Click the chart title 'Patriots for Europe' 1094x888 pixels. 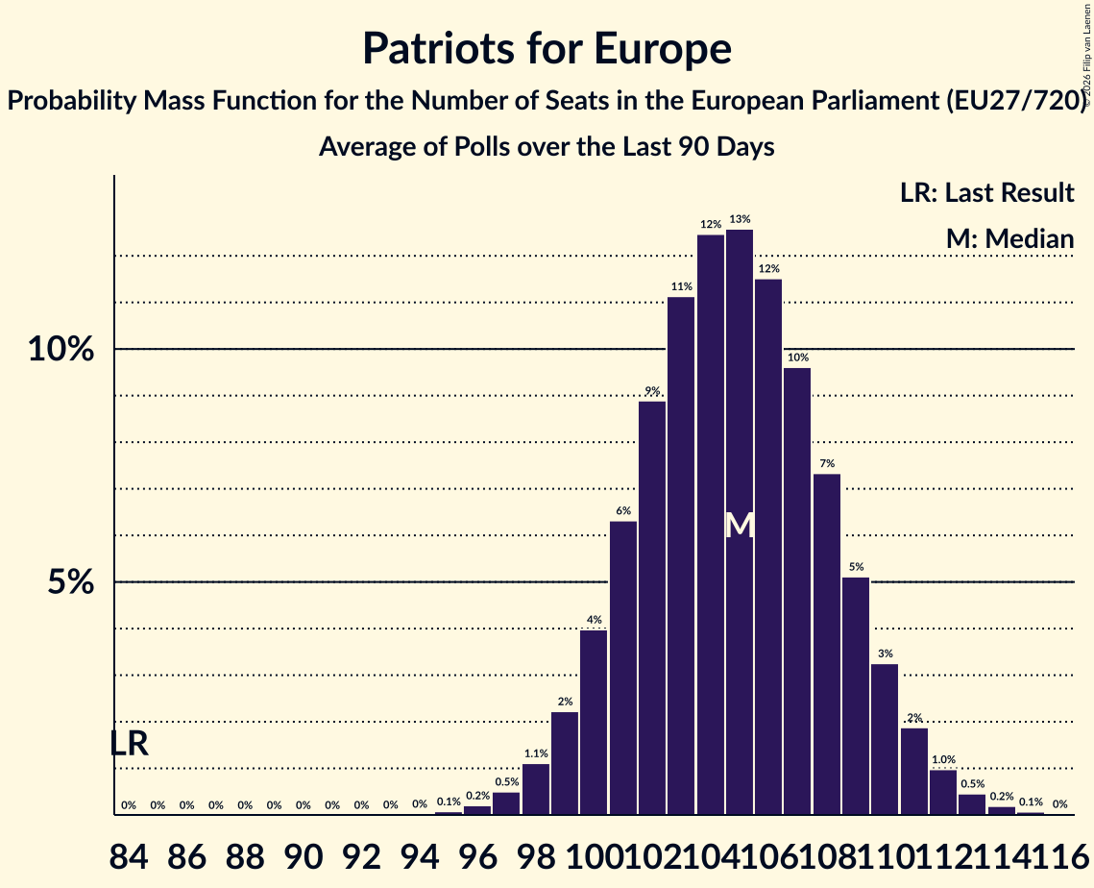click(547, 48)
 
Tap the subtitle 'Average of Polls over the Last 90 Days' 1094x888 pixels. click(547, 147)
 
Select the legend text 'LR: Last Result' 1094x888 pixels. click(986, 193)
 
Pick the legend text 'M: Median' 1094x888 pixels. click(1009, 239)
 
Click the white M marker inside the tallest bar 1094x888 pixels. click(740, 526)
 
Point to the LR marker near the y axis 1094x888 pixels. click(130, 744)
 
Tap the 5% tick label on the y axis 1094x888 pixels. click(73, 582)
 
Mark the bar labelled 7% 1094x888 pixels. click(827, 644)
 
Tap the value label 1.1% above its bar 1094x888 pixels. click(536, 753)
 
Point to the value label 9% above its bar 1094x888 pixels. click(652, 390)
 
